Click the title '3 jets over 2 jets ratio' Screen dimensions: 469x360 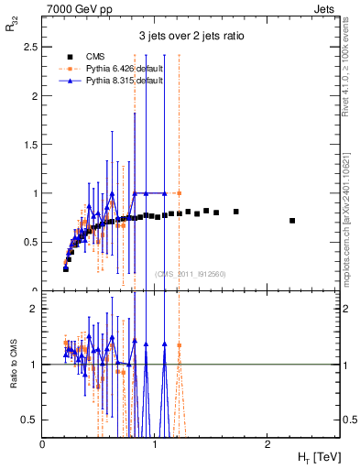(191, 38)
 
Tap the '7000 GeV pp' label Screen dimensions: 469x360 (73, 8)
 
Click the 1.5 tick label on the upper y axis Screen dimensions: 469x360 (31, 145)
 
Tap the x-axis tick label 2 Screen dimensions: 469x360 (267, 442)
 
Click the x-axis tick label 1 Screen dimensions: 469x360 (155, 442)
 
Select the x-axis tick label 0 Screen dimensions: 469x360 (43, 442)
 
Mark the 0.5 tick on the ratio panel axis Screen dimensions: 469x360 (31, 420)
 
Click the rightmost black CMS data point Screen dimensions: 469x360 (292, 221)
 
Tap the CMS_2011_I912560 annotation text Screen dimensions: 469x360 (191, 273)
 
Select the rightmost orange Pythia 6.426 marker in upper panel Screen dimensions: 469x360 (180, 193)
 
